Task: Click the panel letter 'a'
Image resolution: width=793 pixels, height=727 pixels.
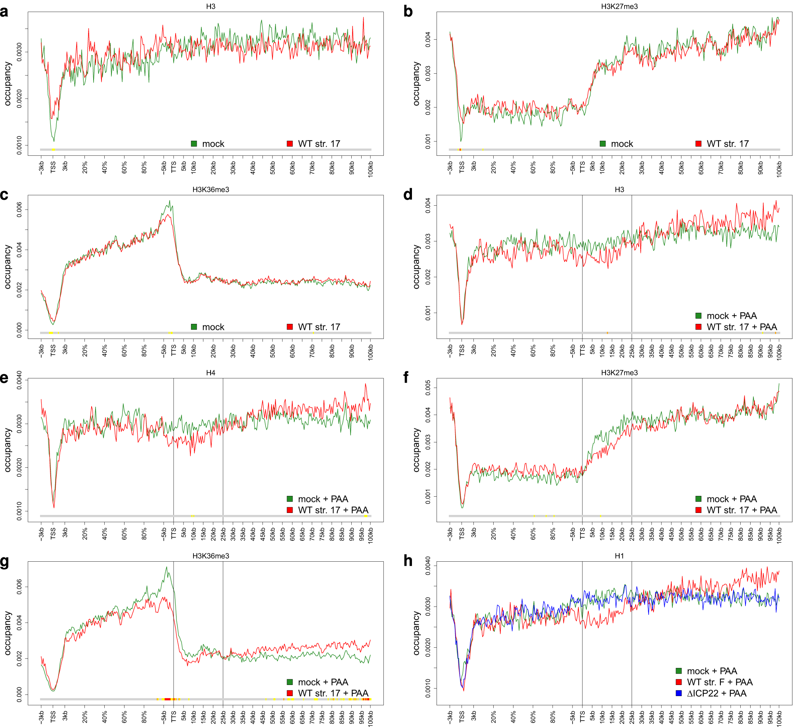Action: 4,12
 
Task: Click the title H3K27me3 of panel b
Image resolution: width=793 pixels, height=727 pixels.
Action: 619,6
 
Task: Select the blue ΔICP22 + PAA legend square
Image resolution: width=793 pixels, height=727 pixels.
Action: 678,693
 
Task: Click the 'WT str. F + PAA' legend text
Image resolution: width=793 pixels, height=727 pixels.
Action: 720,682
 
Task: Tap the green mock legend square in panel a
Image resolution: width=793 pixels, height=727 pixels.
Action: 194,143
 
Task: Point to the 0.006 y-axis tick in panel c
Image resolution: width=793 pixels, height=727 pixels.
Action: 19,210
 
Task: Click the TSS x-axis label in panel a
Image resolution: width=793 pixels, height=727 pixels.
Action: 53,167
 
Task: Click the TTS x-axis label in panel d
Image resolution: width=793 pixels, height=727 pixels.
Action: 582,350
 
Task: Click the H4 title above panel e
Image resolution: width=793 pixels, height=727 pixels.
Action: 211,373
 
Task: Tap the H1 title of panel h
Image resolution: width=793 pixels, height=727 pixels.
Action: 619,556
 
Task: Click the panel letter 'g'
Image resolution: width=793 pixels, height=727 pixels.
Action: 4,562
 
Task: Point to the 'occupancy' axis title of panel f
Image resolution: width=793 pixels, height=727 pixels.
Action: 416,450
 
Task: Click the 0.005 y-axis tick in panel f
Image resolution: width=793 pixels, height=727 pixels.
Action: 428,388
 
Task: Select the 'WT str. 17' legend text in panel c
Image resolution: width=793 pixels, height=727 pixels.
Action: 319,327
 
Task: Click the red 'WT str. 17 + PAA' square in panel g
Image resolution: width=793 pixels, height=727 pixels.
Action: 290,693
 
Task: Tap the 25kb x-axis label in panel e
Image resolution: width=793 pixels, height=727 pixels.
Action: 223,534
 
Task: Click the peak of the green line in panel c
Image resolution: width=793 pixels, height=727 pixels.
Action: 170,201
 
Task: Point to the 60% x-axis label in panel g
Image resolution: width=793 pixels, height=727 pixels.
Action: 124,716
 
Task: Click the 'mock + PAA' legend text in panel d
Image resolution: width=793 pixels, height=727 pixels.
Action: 732,316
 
